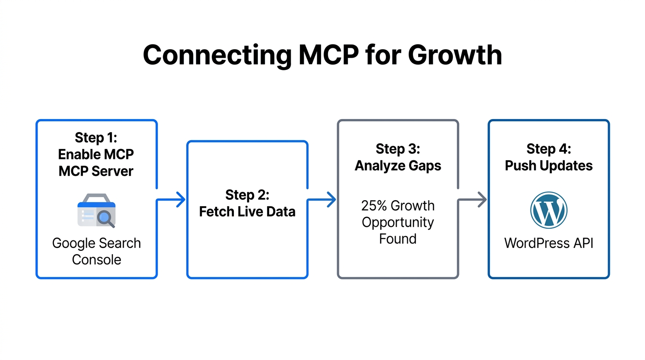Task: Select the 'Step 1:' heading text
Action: coord(96,137)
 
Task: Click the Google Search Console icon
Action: coord(97,210)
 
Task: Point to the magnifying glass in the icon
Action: coord(105,218)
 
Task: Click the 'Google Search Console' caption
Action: coord(97,251)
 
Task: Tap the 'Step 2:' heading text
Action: coord(247,195)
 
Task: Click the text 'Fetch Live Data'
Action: coord(247,212)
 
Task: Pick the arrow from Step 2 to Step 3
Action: coord(323,200)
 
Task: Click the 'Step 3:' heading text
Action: coord(397,149)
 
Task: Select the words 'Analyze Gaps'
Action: coord(397,166)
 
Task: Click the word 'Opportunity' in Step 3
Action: coord(397,222)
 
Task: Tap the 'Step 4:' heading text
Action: coord(548,149)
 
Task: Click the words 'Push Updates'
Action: coord(548,166)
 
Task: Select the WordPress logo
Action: coord(548,210)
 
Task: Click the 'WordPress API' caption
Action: coord(548,243)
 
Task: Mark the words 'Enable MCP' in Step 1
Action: coord(96,154)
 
